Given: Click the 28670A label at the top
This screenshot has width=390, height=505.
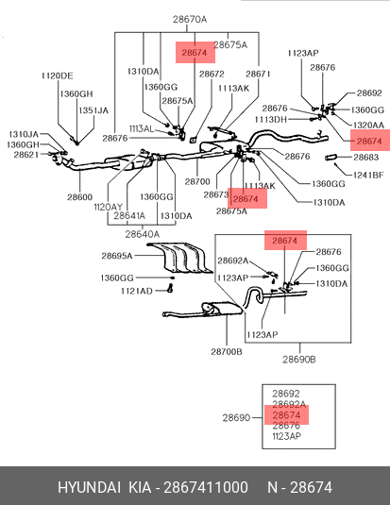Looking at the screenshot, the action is click(x=190, y=19).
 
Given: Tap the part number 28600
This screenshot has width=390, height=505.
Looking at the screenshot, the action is click(x=79, y=196).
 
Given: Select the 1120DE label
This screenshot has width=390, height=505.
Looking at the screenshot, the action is click(x=58, y=76).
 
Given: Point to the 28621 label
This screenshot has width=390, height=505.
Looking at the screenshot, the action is click(x=26, y=155).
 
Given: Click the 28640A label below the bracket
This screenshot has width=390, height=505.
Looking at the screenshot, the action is click(x=143, y=234).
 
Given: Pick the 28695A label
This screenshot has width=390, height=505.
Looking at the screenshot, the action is click(x=117, y=256).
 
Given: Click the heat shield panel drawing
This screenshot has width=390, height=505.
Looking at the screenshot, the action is click(x=180, y=258).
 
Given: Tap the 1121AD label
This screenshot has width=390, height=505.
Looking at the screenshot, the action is click(x=137, y=291).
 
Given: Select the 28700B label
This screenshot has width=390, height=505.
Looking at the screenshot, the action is click(x=227, y=352).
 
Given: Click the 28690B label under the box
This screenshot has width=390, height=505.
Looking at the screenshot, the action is click(x=299, y=360).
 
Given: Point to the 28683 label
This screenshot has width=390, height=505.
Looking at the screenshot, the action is click(x=365, y=158).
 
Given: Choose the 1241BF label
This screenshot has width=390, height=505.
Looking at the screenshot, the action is click(x=368, y=175).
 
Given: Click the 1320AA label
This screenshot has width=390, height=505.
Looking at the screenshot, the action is click(x=368, y=125).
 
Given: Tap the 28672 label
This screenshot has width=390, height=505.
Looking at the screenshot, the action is click(x=212, y=74).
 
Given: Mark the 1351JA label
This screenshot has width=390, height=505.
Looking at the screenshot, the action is click(x=93, y=110).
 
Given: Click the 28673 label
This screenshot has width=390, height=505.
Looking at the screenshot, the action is click(x=216, y=194).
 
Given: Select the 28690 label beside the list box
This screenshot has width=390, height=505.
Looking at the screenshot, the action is click(x=236, y=418).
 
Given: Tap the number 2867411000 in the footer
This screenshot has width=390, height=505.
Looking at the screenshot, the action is click(x=206, y=487).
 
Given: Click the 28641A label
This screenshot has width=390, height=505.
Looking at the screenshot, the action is click(x=129, y=215).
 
